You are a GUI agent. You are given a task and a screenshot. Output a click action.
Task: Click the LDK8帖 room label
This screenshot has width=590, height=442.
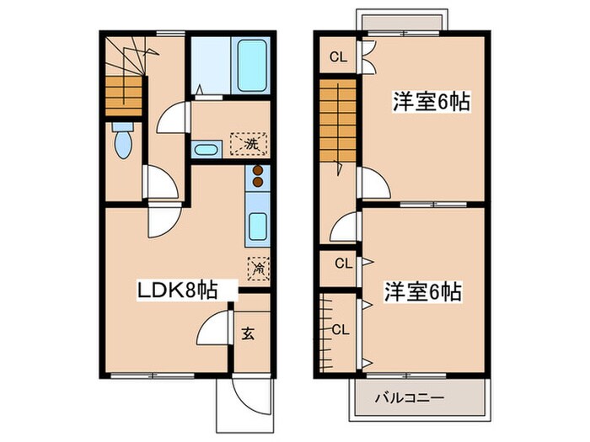coord(178,290)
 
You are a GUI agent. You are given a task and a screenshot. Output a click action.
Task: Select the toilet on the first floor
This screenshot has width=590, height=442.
coord(123,141)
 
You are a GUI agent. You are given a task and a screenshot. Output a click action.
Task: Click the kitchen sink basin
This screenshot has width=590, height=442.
coord(258,226)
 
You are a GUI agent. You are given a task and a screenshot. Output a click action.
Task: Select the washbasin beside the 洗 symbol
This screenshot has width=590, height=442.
coord(206,151)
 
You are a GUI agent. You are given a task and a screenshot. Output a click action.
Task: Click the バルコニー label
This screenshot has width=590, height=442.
coord(416,397)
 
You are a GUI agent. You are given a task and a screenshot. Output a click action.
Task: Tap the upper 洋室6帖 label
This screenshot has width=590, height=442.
coord(430,103)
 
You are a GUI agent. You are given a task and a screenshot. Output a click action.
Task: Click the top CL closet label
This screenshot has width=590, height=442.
coord(337,57)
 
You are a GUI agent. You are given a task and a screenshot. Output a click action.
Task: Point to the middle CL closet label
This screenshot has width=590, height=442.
coord(342,264)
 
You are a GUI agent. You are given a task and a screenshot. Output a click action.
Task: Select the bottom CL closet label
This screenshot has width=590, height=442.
coord(341,328)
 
